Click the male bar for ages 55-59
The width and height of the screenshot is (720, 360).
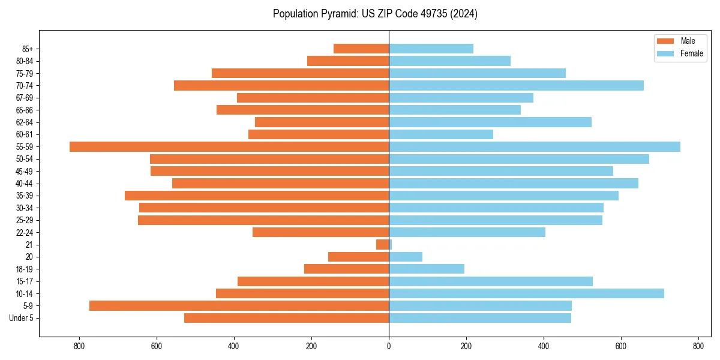tap(229, 146)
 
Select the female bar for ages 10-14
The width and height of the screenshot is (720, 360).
tap(526, 293)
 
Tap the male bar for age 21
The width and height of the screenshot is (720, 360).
tap(383, 244)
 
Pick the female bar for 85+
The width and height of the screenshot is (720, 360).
tap(431, 49)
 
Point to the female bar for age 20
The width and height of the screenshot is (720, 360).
tap(406, 257)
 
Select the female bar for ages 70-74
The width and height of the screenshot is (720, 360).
tap(516, 85)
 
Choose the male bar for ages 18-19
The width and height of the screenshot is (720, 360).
tap(347, 269)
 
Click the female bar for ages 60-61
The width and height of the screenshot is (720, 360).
tap(441, 134)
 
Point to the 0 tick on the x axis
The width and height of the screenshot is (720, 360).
tap(389, 346)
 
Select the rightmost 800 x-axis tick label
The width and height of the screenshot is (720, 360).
tap(698, 346)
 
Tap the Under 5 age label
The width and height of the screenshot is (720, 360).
tap(21, 318)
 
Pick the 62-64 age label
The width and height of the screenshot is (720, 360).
tap(25, 122)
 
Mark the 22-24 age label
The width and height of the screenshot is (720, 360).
tap(25, 232)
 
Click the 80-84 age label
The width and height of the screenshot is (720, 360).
tap(25, 61)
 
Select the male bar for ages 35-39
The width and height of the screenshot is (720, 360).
tap(257, 196)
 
